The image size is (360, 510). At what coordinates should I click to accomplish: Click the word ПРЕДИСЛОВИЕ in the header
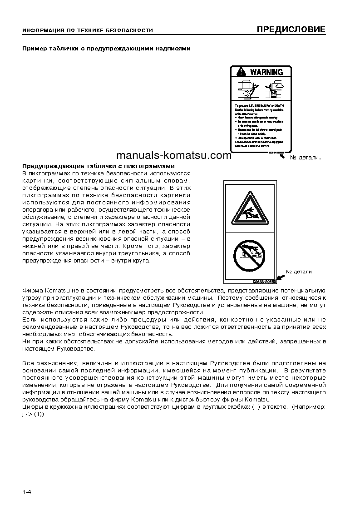point(291,30)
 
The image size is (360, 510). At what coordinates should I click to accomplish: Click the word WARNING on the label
point(266,72)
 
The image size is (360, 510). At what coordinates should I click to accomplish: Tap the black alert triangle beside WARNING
point(241,72)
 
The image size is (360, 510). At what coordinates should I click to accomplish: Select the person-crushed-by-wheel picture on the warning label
point(247,89)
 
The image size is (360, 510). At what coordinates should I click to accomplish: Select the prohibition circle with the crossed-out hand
point(248,255)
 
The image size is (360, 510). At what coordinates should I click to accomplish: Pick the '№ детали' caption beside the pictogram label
point(299,272)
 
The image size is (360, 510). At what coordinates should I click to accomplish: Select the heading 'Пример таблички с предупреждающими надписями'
point(106,48)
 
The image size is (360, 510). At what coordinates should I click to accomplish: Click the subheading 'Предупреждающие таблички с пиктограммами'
point(99,166)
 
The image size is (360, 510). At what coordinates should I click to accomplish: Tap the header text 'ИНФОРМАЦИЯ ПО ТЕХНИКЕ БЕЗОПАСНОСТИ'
point(88,31)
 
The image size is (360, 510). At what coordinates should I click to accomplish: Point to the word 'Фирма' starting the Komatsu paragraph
point(31,290)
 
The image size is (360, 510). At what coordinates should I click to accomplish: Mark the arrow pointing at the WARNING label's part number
point(284,156)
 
